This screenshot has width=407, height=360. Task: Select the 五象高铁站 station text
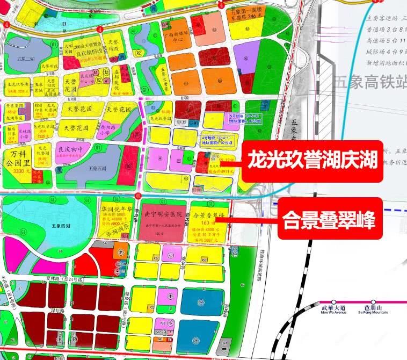pyautogui.click(x=369, y=83)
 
